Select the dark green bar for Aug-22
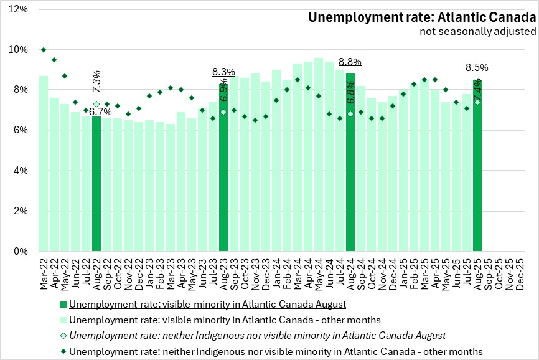pos(96,184)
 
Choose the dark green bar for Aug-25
pos(477,166)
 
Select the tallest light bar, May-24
pos(319,155)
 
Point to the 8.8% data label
pos(350,62)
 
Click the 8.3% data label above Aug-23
pos(223,72)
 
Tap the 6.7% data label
pos(100,111)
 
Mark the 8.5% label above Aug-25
pos(477,67)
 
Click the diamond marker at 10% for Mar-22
pos(44,50)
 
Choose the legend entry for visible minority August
pos(207,305)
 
